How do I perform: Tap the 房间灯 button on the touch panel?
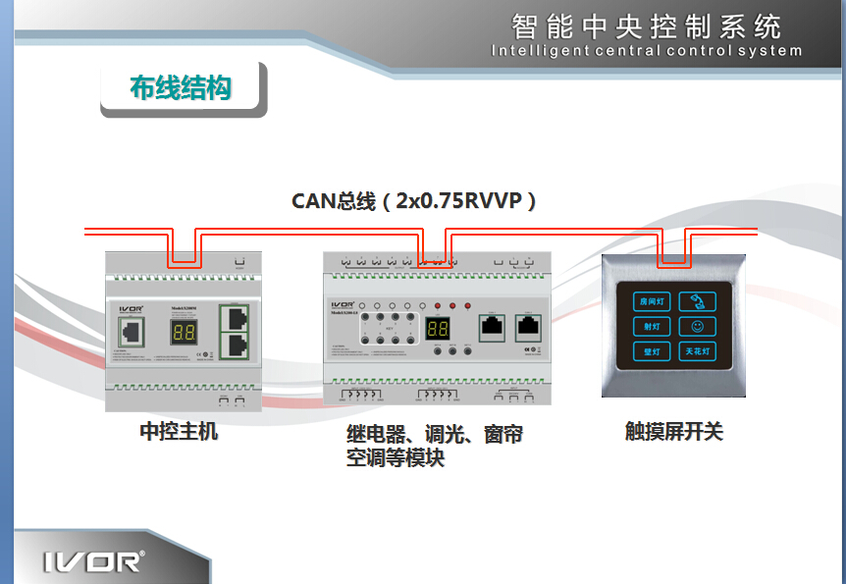pos(652,301)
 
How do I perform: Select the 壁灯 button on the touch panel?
pos(652,350)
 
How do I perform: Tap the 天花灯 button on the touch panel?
pos(698,350)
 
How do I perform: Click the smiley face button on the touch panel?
pos(698,326)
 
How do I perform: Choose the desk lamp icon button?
pos(698,301)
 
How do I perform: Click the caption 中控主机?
pos(179,431)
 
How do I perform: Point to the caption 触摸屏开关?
pos(673,431)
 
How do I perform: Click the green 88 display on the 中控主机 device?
pos(184,332)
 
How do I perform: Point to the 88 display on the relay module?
pos(438,330)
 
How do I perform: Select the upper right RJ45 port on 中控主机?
pos(237,316)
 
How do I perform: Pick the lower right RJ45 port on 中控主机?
pos(237,345)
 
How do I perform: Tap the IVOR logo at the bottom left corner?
pos(93,560)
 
